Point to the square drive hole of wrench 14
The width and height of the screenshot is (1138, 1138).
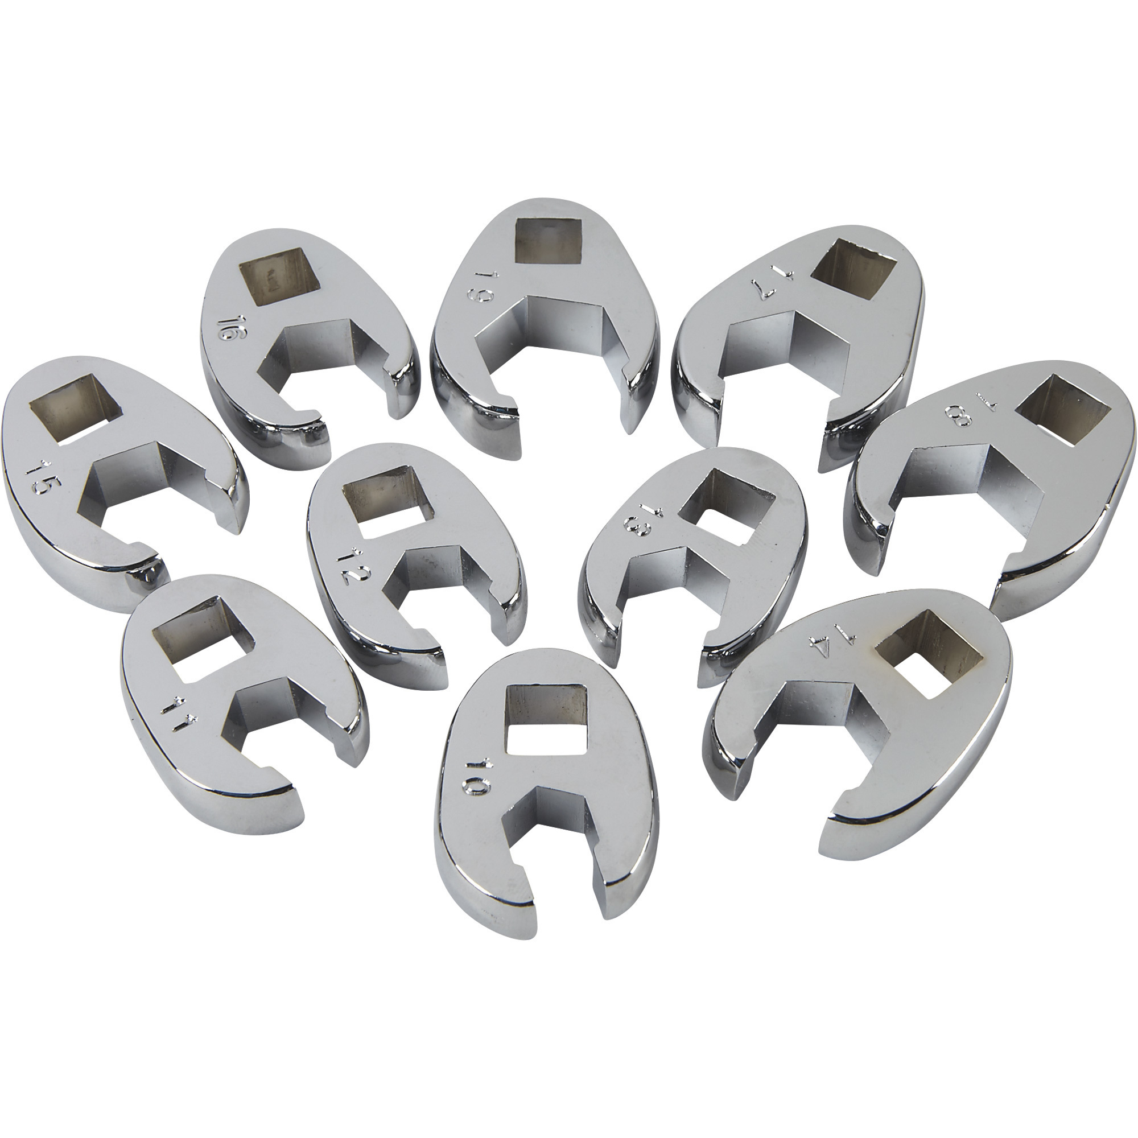[926, 655]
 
